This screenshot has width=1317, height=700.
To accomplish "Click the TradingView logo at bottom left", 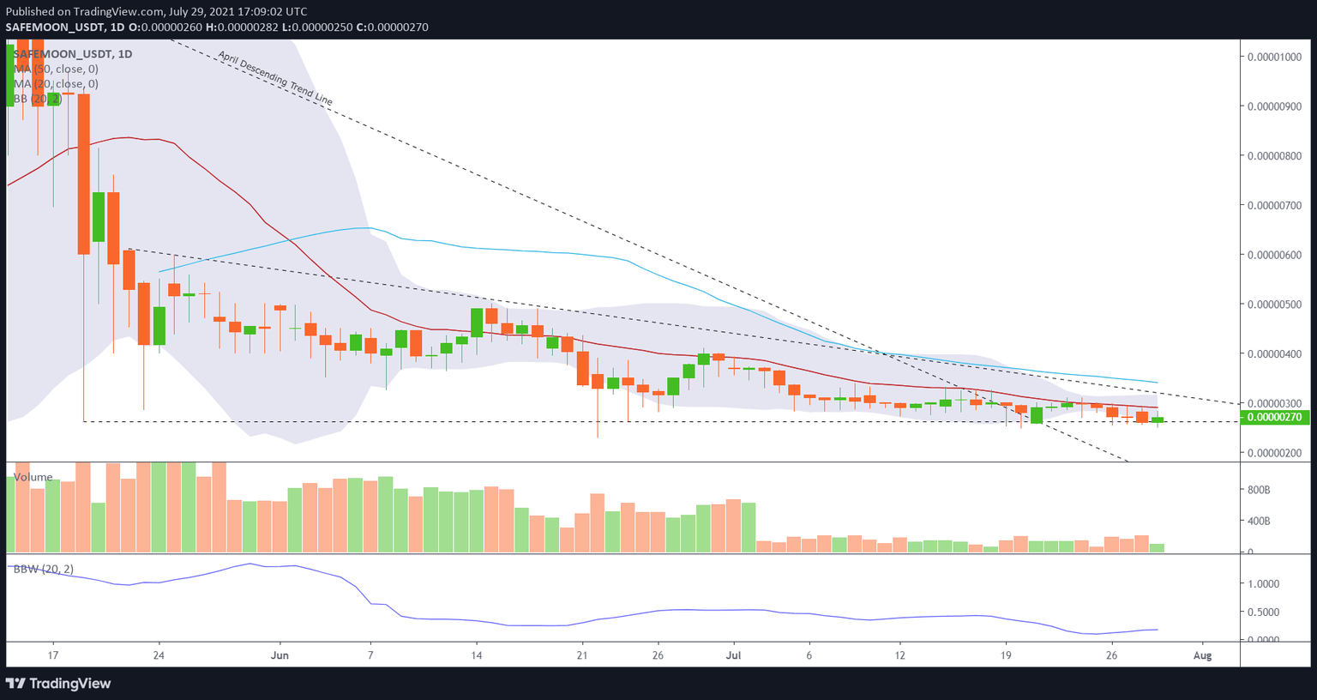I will tap(58, 684).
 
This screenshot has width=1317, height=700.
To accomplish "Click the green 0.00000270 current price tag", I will tap(1274, 418).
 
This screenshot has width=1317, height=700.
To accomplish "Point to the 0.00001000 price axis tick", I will tap(1274, 57).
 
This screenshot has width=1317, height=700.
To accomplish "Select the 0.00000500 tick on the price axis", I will tap(1274, 305).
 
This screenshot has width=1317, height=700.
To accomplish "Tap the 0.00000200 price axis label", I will tap(1274, 453).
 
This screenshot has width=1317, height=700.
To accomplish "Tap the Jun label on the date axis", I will tap(280, 655).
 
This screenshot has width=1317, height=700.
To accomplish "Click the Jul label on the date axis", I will tap(733, 655).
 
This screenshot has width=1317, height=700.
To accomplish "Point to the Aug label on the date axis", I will tap(1203, 655).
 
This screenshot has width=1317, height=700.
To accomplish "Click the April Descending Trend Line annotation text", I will tap(274, 78).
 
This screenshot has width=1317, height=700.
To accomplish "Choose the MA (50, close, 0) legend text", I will tap(56, 69).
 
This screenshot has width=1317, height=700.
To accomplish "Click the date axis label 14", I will tap(477, 655).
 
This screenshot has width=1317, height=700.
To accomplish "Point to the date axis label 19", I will tap(1006, 655).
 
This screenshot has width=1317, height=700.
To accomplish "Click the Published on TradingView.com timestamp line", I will tap(156, 11).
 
